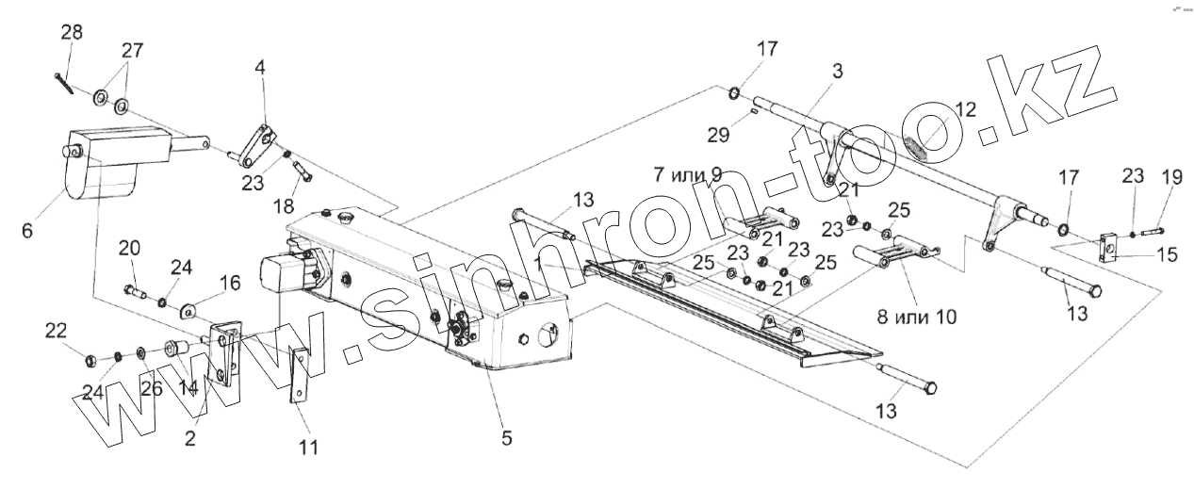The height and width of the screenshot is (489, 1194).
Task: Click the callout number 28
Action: point(72,33)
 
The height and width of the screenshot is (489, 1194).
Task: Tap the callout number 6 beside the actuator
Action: point(26,228)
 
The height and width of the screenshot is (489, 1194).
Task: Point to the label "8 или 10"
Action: point(917,318)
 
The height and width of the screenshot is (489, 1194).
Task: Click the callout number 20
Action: point(129,248)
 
